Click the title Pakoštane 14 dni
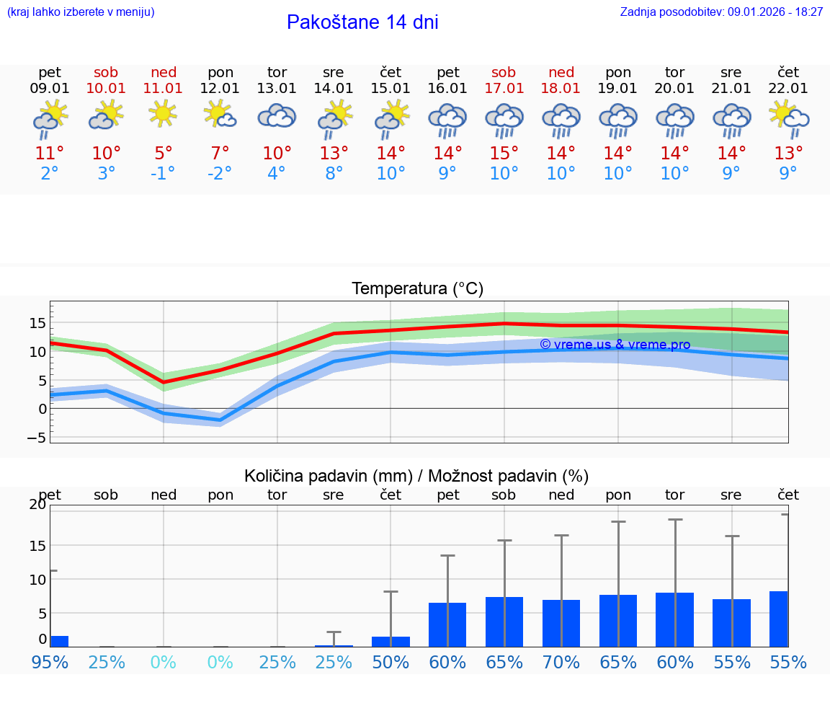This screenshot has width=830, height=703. point(362,22)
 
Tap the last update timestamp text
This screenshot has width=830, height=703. point(721,12)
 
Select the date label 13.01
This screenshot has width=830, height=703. point(277,89)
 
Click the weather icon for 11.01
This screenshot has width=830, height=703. point(164,114)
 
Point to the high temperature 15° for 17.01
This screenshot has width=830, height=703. point(504,153)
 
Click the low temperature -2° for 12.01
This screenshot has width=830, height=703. point(220,173)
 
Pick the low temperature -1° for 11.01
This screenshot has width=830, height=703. point(163,173)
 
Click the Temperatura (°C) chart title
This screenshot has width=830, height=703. point(417,289)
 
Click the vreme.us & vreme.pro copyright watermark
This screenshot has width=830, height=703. point(615,345)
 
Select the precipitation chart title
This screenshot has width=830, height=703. point(416,476)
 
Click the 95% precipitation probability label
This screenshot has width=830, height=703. point(50,662)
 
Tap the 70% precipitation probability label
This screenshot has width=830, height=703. point(561,662)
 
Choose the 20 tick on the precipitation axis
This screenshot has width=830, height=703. point(37,504)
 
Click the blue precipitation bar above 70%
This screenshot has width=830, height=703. point(561,623)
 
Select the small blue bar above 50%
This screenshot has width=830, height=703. point(391,641)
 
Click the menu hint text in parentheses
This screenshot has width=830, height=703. point(81,12)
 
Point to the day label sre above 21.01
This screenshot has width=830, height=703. point(731,72)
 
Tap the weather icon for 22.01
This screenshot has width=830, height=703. point(788,118)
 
